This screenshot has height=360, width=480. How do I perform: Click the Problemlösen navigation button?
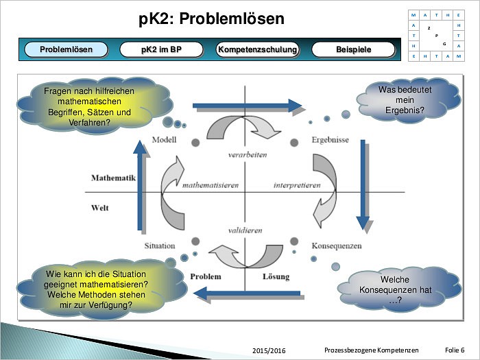66,49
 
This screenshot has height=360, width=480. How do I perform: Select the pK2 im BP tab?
162,49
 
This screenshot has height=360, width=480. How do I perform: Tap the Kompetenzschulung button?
257,49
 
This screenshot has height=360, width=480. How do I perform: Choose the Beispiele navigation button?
353,49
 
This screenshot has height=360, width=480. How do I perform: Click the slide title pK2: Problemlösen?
211,19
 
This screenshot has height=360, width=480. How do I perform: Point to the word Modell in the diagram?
165,140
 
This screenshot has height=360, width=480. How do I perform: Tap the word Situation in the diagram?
160,245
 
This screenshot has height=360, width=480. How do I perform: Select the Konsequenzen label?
336,245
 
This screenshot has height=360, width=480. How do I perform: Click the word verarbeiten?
247,155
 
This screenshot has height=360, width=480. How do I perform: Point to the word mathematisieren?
209,185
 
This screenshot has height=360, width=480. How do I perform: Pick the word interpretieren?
297,185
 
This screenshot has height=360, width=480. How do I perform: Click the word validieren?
247,231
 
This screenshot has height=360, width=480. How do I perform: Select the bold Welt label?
100,207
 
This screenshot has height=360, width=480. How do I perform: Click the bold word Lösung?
276,277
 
